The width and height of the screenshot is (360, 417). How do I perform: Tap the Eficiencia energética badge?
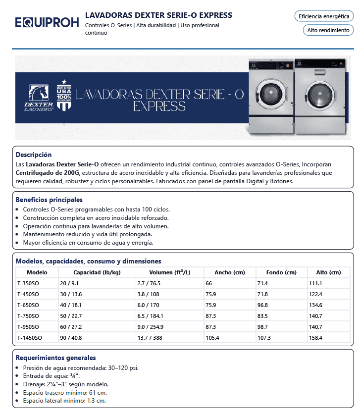click(x=324, y=16)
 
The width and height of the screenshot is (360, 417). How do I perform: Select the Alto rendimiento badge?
click(x=328, y=30)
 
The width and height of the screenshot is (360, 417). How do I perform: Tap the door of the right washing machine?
click(x=317, y=95)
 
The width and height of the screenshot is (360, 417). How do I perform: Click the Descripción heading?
click(x=34, y=155)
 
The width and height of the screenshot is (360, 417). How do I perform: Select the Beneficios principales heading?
click(x=49, y=200)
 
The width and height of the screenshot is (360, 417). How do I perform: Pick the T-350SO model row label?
click(x=28, y=283)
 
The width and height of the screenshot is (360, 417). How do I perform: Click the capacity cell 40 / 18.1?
click(x=71, y=305)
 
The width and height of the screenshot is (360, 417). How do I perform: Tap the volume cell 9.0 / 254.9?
click(x=150, y=327)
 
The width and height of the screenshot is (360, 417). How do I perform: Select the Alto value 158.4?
click(x=315, y=338)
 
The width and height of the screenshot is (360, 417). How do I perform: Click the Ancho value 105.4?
click(x=213, y=338)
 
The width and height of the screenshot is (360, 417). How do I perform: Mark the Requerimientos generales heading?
click(x=55, y=358)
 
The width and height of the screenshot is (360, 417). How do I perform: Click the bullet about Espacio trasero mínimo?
click(x=64, y=392)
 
